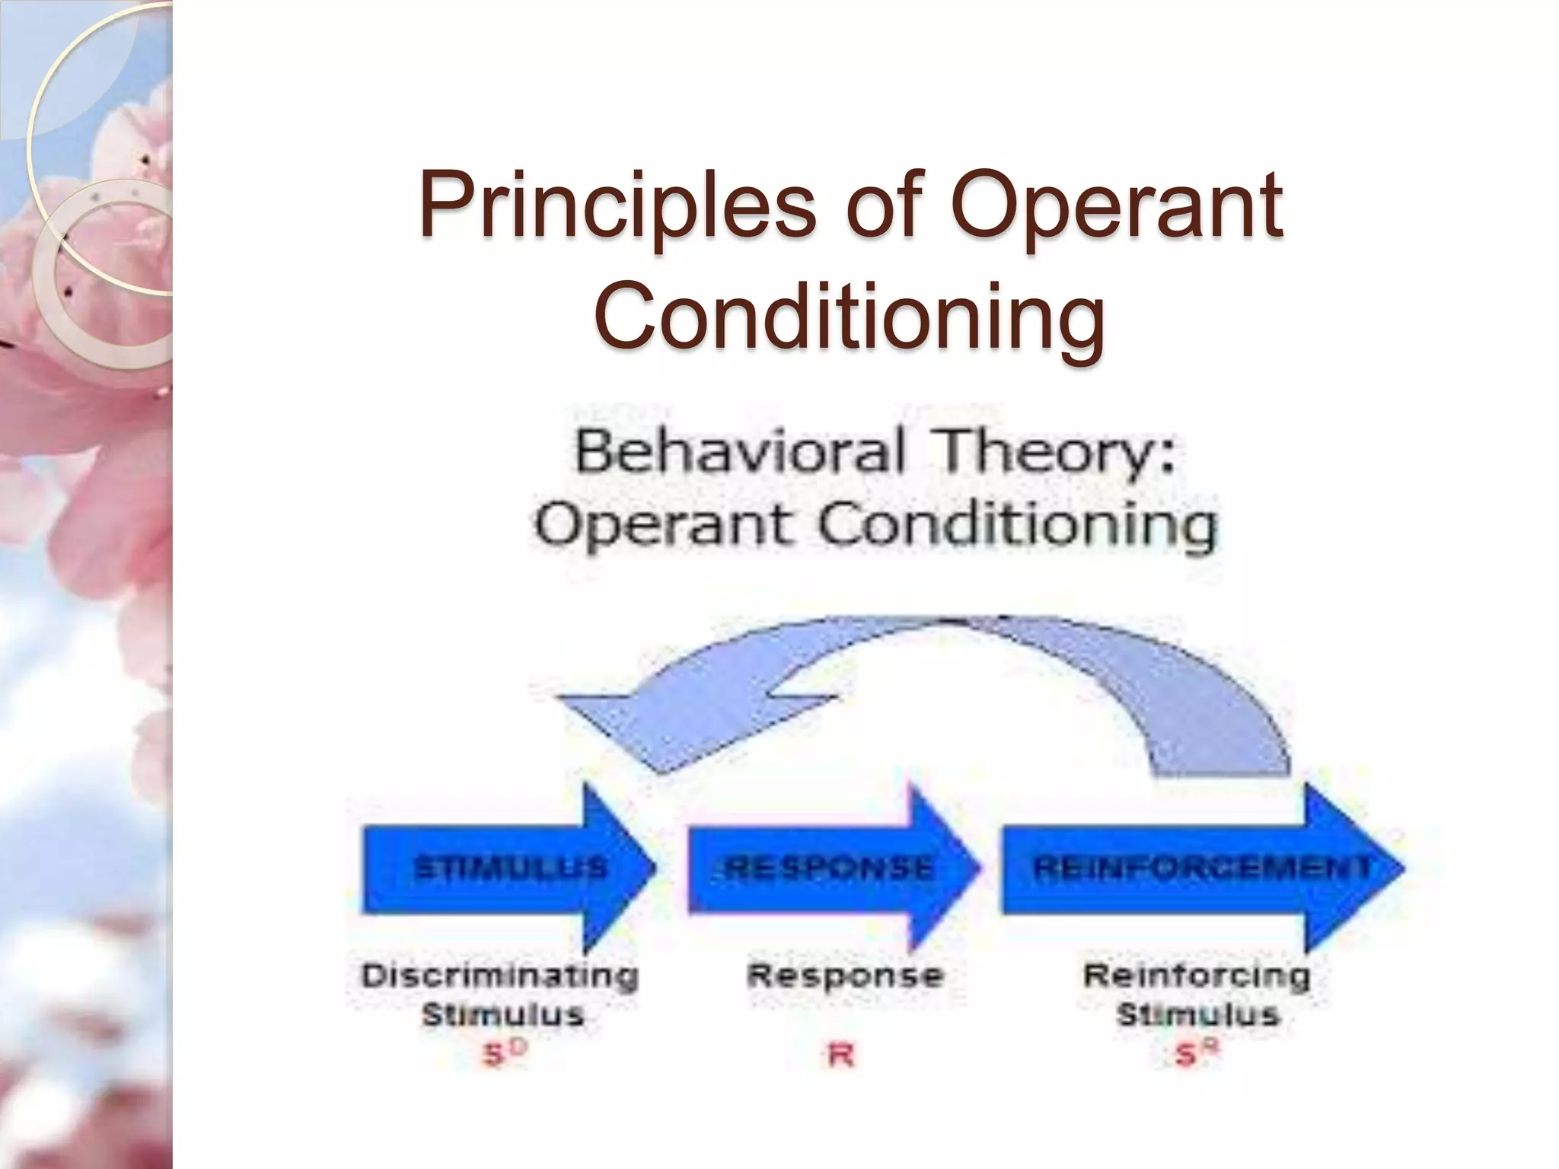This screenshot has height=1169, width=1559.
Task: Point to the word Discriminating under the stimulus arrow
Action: [500, 976]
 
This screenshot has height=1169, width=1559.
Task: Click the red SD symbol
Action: [503, 1055]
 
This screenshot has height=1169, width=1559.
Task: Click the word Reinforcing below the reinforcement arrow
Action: [1196, 976]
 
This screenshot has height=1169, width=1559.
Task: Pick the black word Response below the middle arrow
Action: [845, 976]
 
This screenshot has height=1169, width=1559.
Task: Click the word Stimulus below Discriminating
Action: [502, 1015]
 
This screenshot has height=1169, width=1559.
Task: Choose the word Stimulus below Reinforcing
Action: [1197, 1015]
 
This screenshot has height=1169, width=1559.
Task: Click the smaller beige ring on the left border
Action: [103, 274]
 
